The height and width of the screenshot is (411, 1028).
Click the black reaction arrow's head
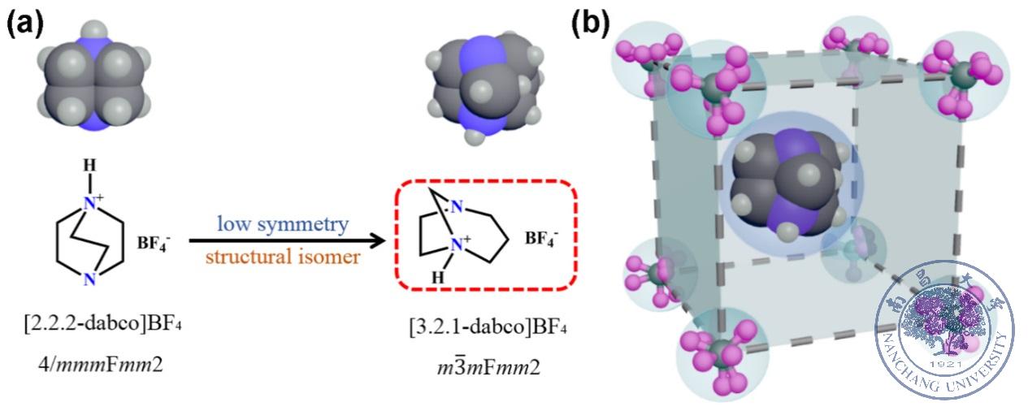tap(375, 240)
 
